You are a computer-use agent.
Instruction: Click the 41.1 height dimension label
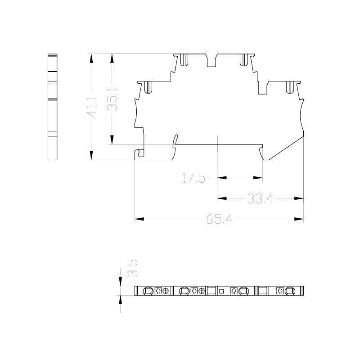click(93, 107)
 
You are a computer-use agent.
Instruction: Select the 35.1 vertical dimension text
click(112, 99)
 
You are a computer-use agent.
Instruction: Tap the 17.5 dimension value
click(193, 178)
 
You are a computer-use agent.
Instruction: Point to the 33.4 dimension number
click(260, 198)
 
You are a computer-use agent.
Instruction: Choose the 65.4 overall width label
click(219, 219)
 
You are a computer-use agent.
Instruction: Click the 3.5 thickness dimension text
click(133, 268)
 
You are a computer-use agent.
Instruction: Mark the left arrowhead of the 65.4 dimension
click(139, 219)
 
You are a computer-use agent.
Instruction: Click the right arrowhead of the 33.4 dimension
click(299, 198)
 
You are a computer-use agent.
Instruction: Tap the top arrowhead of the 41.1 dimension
click(91, 58)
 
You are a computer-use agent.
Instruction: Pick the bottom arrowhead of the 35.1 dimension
click(112, 140)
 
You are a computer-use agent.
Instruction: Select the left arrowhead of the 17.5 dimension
click(222, 178)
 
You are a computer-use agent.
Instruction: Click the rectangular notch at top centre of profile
click(211, 60)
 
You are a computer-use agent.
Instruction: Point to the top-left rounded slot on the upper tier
click(184, 60)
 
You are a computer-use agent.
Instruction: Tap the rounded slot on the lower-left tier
click(148, 87)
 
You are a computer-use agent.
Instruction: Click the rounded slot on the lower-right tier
click(290, 87)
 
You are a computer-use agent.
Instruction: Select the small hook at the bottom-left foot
click(139, 153)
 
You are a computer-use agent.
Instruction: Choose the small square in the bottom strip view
click(221, 291)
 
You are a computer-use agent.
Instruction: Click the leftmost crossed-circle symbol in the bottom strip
click(166, 291)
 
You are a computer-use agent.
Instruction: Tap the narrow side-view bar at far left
click(52, 107)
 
